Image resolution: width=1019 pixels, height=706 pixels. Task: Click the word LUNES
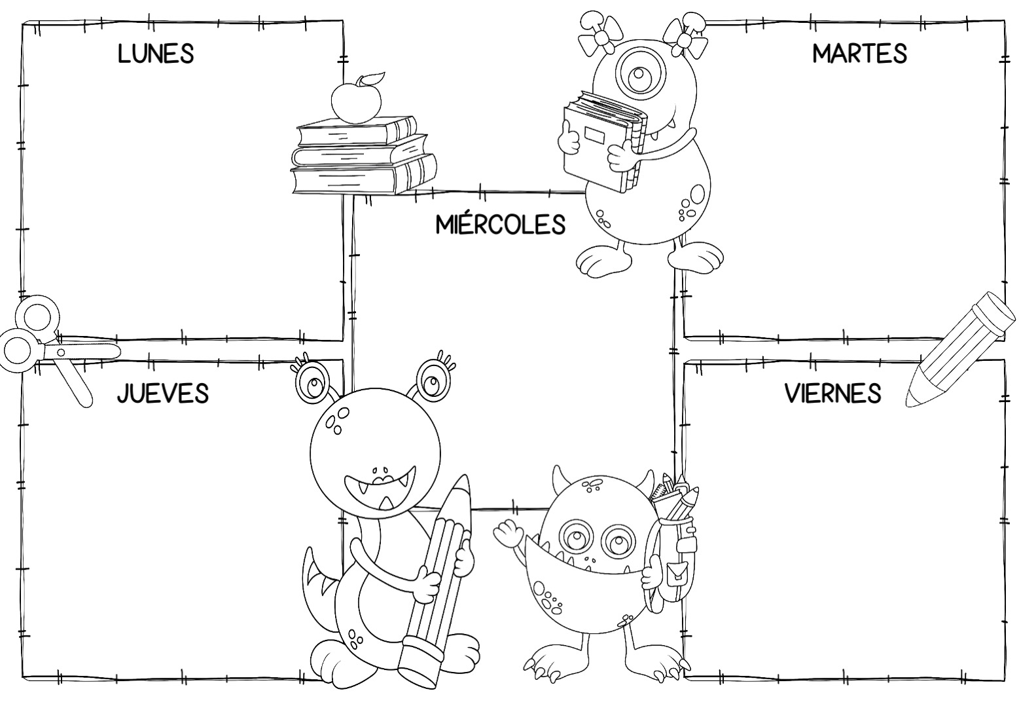coord(156,54)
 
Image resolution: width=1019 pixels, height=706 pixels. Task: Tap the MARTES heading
coord(859,54)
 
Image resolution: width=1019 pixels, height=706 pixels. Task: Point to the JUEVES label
coord(163,393)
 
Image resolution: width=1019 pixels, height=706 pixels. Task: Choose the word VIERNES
coord(832,393)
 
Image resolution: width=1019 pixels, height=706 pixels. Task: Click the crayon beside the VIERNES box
coord(960,350)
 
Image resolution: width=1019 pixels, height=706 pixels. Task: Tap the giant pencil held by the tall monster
coord(439,580)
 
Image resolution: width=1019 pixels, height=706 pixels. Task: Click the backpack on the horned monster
coord(675,546)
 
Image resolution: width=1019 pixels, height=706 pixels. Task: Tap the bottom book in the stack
coord(363,176)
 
